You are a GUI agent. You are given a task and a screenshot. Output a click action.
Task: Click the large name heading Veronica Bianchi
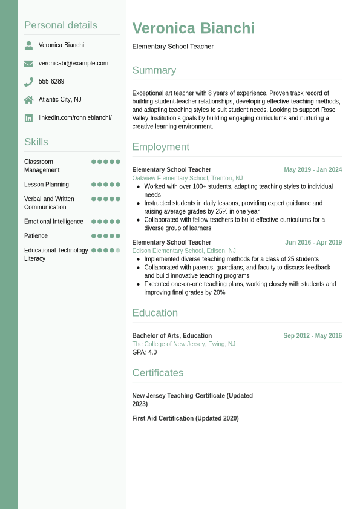193,28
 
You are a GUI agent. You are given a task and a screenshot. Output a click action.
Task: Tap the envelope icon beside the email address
28,64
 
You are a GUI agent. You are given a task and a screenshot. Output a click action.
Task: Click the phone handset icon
28,82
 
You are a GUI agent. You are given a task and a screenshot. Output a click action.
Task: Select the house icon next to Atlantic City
28,100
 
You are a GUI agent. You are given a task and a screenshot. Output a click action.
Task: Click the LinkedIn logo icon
28,118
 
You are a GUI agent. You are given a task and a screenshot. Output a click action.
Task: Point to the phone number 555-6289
51,82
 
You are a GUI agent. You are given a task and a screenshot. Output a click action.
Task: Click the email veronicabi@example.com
73,64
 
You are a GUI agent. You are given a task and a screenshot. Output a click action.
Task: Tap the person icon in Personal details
28,45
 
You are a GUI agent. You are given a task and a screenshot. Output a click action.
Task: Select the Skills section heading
36,142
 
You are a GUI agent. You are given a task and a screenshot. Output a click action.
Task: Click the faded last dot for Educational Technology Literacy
118,250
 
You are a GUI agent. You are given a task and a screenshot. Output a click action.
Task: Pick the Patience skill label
36,236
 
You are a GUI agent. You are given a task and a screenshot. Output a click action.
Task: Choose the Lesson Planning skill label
47,185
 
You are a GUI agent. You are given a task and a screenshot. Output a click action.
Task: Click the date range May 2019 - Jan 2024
313,170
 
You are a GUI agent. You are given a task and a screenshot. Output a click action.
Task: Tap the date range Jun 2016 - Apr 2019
313,243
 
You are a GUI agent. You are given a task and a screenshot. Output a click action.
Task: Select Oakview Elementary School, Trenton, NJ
188,179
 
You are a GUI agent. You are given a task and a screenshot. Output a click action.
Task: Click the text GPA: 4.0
145,352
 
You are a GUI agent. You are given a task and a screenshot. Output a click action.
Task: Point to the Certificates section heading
158,373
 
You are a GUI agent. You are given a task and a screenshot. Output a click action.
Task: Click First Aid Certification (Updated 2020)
185,418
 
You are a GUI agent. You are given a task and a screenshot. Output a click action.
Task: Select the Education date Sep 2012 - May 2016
312,336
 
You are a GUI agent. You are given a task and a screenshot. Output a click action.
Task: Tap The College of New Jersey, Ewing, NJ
184,344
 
